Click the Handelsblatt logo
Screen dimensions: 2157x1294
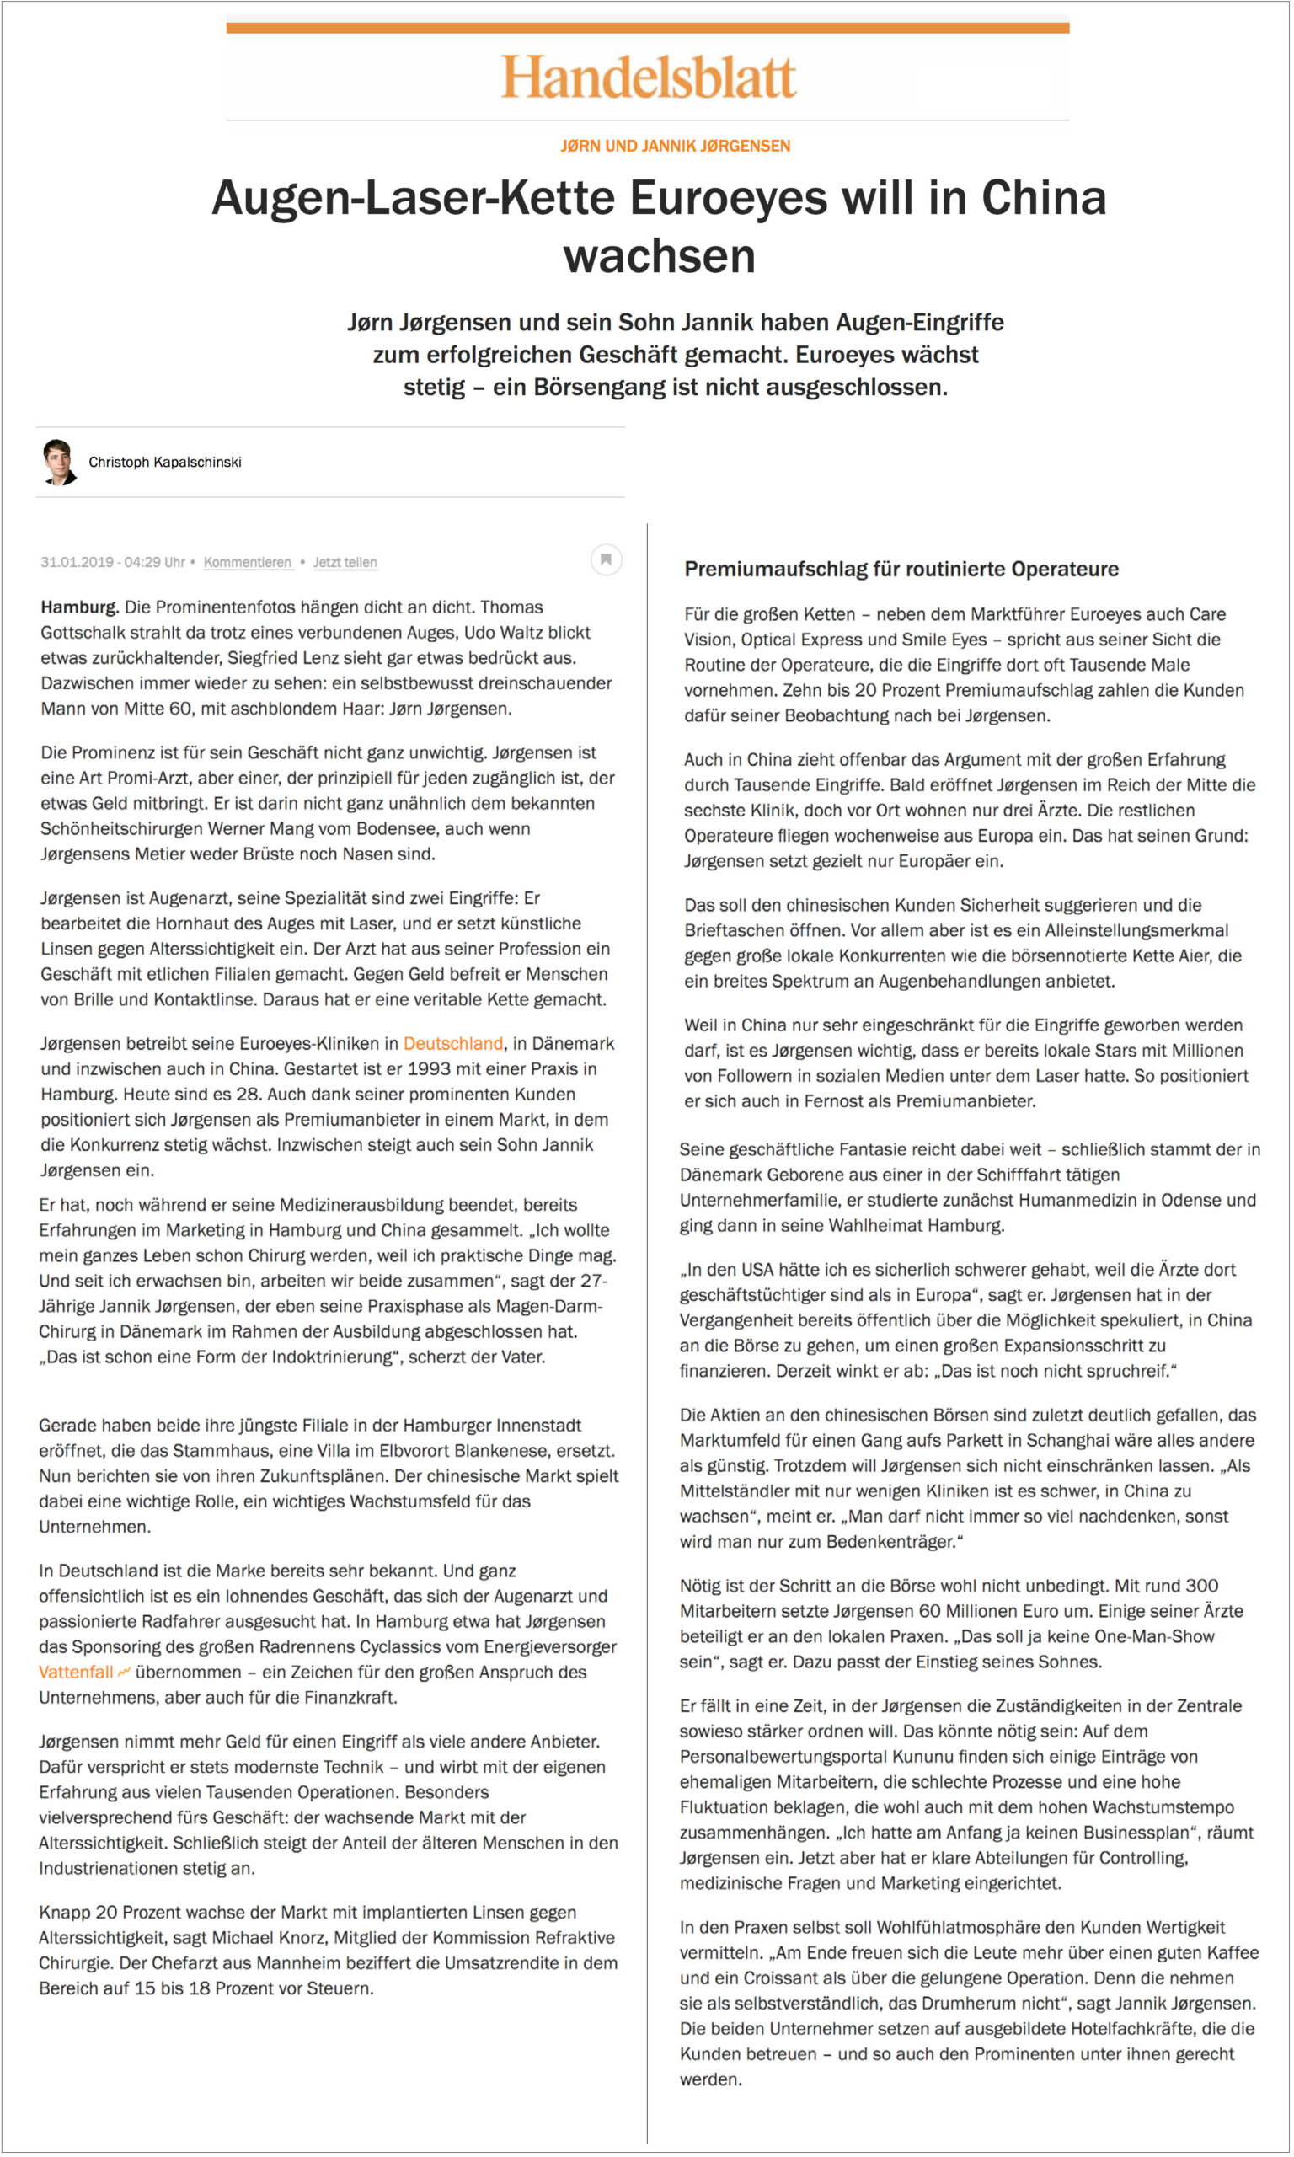pos(648,77)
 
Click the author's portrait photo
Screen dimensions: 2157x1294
pos(59,462)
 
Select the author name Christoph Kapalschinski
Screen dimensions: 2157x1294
pos(165,462)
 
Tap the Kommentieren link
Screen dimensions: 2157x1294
pos(248,562)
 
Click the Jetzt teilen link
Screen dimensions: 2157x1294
pos(345,562)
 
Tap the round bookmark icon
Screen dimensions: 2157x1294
pos(606,559)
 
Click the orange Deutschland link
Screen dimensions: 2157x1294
pos(452,1044)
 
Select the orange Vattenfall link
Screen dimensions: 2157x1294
pos(76,1673)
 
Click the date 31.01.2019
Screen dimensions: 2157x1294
pos(77,562)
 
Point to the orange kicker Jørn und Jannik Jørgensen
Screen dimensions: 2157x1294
pos(675,146)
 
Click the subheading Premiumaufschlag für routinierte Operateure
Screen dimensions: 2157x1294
pos(901,570)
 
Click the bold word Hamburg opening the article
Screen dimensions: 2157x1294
pos(78,607)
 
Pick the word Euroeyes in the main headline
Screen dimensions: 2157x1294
pos(728,198)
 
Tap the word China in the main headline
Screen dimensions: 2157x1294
pos(1044,198)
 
